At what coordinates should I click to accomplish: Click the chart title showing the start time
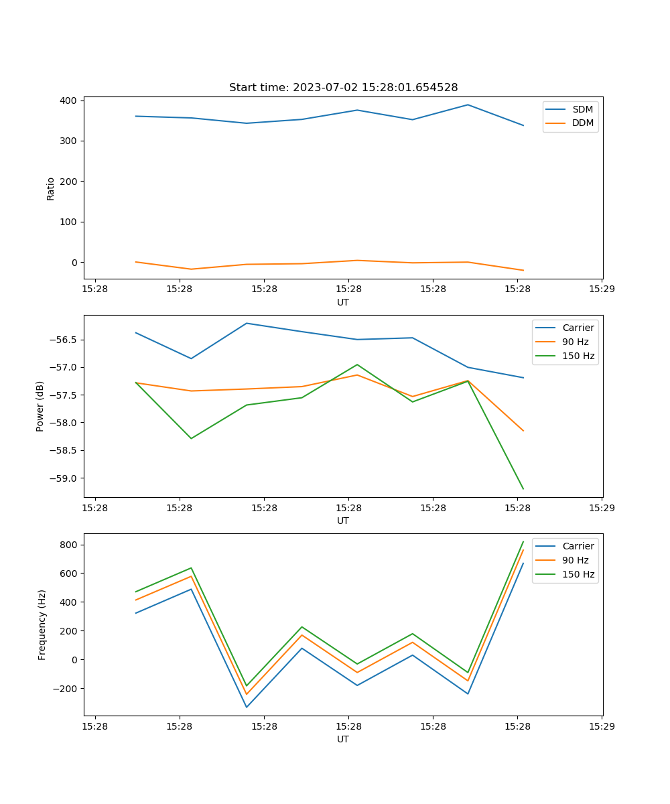tap(343, 88)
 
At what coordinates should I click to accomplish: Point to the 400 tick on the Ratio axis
tap(69, 100)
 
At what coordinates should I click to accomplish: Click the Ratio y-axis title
tap(51, 188)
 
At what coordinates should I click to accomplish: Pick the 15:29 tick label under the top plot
tap(602, 289)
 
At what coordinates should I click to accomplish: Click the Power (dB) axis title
tap(41, 406)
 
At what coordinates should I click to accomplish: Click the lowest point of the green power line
tap(523, 489)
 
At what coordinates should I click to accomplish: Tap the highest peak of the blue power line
tap(247, 323)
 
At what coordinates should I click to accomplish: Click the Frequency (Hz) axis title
tap(42, 624)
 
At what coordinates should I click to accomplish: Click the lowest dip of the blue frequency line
tap(247, 708)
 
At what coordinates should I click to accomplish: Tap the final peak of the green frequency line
tap(523, 541)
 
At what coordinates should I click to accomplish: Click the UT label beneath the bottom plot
tap(343, 739)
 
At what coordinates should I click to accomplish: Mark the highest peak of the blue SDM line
tap(468, 105)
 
